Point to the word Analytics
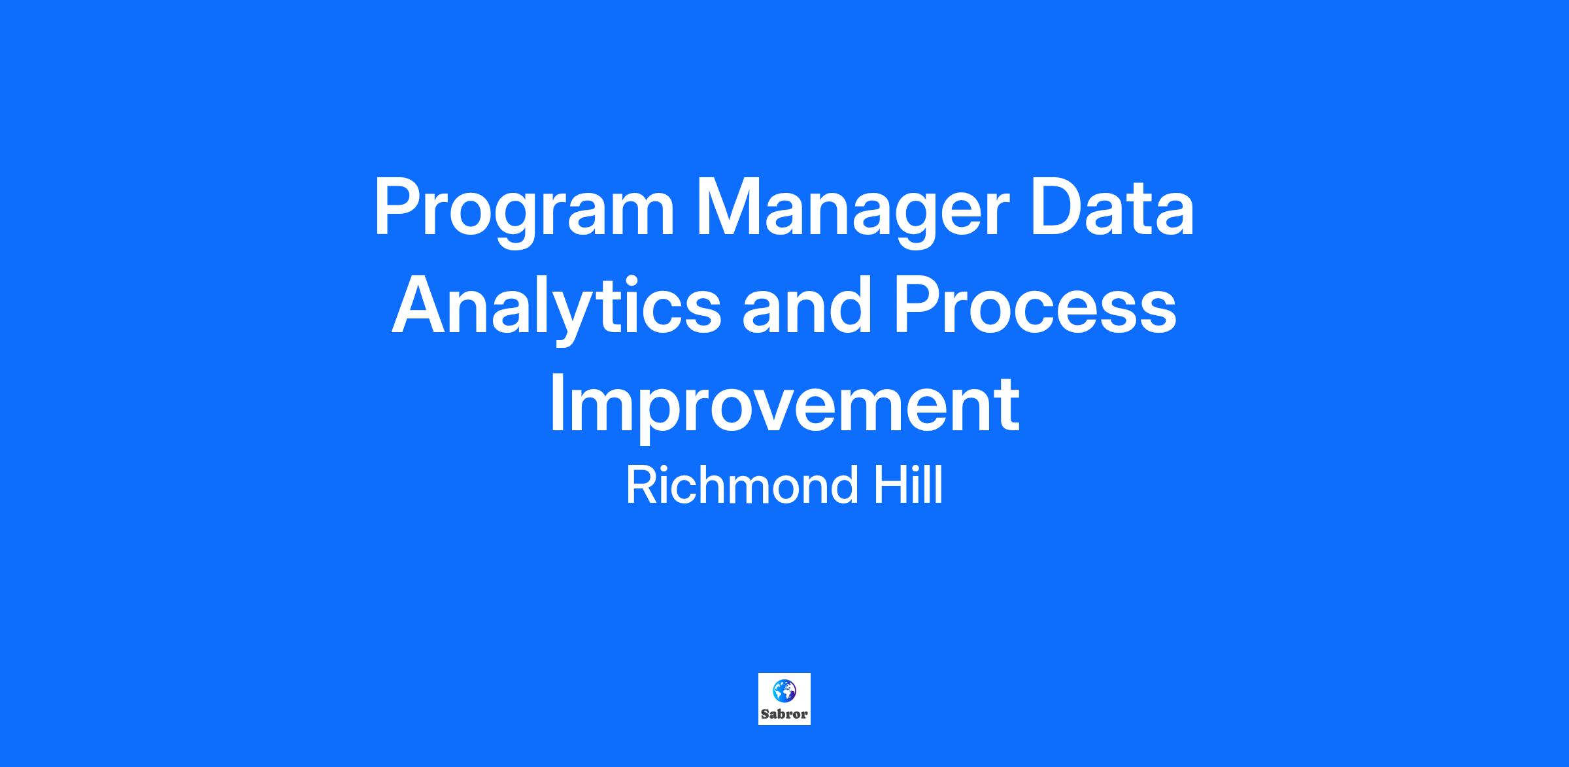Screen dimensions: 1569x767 [x=556, y=311]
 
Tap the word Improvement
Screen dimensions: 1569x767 [x=785, y=408]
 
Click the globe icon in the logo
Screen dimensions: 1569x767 [x=784, y=690]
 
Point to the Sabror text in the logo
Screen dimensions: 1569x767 [x=785, y=714]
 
